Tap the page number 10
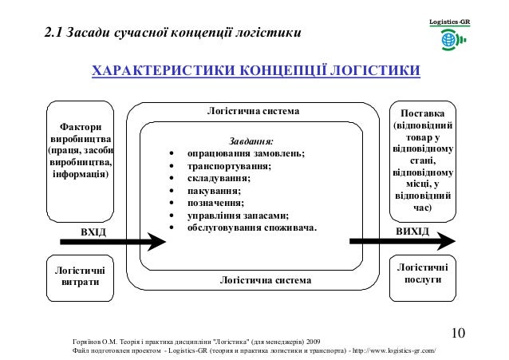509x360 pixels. [x=459, y=333]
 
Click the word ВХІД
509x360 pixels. [x=93, y=231]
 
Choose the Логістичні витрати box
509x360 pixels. [x=77, y=276]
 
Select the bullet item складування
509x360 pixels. [x=220, y=178]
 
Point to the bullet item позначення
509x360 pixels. [x=216, y=203]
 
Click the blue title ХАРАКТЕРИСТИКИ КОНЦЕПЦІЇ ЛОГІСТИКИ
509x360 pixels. [x=255, y=74]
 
